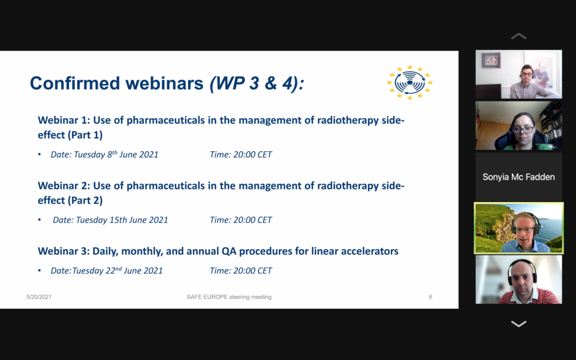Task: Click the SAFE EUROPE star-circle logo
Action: [409, 83]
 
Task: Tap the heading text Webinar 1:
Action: [64, 120]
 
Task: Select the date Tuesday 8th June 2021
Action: [116, 154]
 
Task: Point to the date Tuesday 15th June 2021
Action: [122, 220]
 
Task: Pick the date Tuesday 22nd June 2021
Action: [118, 271]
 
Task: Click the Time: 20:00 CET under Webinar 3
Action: [241, 271]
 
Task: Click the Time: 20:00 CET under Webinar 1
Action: [241, 154]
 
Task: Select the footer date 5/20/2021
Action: [39, 297]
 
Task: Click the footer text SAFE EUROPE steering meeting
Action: [229, 297]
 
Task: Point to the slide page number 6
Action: [430, 297]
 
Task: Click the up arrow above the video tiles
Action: [519, 36]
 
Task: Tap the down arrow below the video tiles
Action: [519, 323]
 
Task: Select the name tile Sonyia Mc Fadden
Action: [519, 177]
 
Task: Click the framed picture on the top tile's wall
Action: [490, 60]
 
